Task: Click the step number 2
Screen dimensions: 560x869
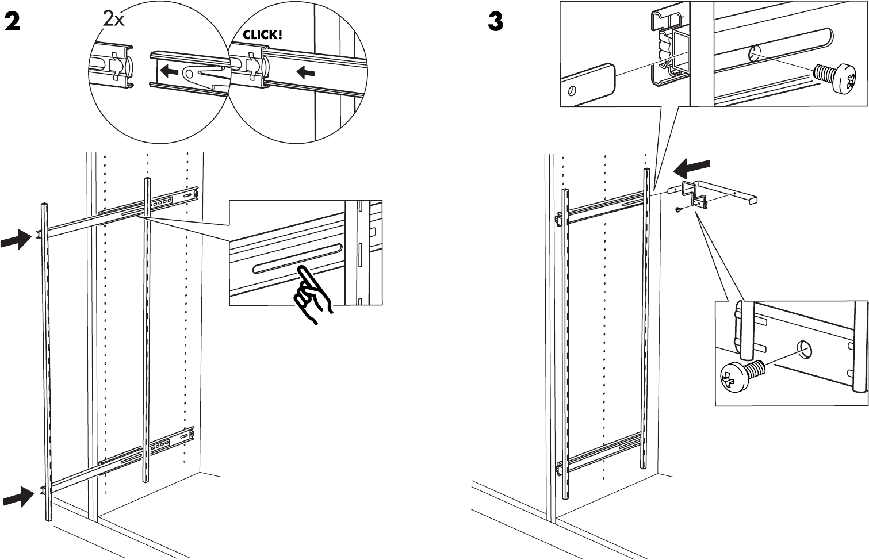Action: (x=12, y=22)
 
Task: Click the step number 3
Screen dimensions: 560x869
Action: (x=495, y=22)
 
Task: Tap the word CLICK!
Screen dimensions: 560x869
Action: (x=262, y=34)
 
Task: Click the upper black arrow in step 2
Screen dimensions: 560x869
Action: (x=16, y=239)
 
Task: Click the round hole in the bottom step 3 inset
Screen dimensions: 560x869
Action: (x=805, y=348)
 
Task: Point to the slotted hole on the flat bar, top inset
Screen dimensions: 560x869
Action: (x=573, y=91)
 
